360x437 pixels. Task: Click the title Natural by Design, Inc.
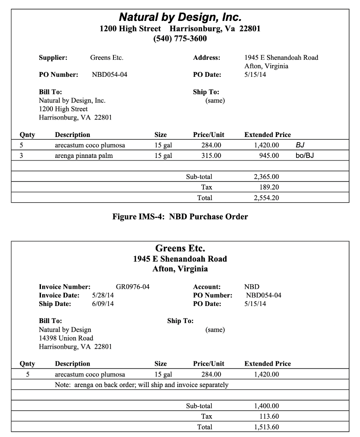180,17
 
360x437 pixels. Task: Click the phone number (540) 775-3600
180,39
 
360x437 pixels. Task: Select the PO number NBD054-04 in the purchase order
109,75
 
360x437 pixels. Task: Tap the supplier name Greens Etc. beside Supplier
107,58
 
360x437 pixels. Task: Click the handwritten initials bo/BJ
305,156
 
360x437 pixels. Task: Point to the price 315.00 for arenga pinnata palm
211,156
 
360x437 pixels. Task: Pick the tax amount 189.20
269,187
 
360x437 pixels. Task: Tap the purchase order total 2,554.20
266,198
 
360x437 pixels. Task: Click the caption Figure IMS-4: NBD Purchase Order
180,217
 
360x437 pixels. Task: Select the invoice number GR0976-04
133,287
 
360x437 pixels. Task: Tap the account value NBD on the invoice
252,287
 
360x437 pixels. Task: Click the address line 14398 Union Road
66,338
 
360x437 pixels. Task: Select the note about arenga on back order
142,385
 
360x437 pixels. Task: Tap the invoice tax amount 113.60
269,417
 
